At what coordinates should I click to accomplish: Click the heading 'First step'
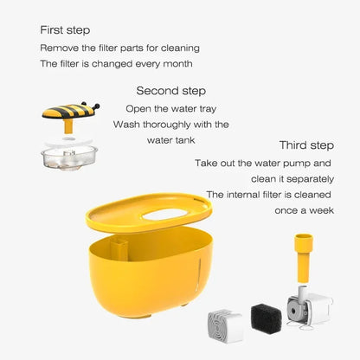[67, 30]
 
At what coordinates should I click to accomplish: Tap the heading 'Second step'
[170, 90]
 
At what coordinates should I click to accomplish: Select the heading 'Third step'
[305, 145]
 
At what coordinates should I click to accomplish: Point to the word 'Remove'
[60, 48]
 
